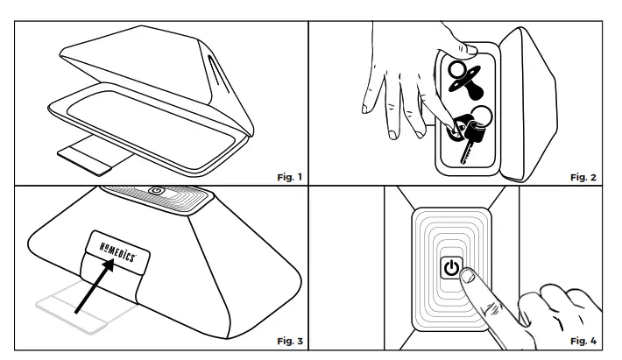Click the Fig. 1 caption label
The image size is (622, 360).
click(x=288, y=176)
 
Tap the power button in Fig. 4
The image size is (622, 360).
click(x=450, y=268)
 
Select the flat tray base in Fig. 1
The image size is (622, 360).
click(x=149, y=109)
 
